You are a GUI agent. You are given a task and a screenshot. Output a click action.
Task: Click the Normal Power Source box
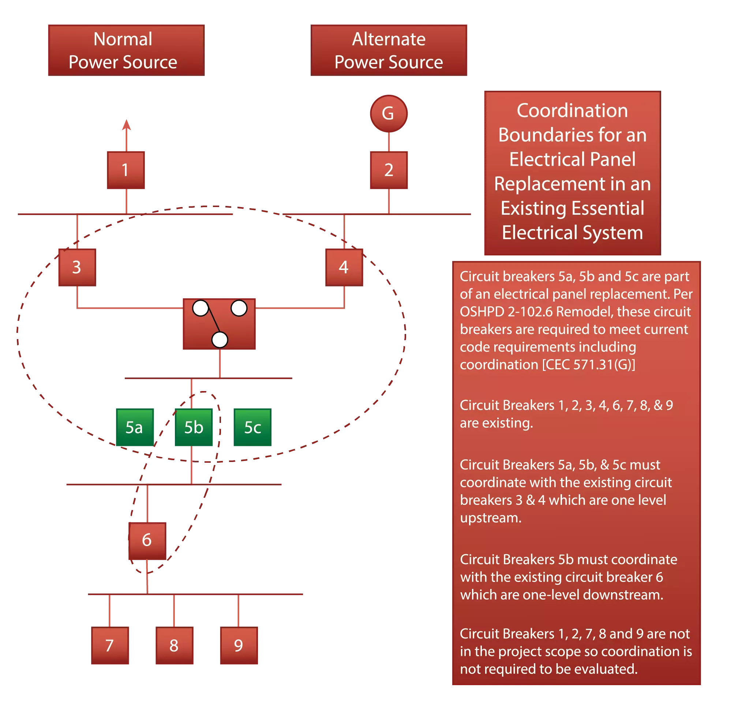[x=126, y=50]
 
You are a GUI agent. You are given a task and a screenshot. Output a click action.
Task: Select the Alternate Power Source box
[x=388, y=50]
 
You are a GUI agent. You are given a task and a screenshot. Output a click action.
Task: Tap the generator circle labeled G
[x=388, y=113]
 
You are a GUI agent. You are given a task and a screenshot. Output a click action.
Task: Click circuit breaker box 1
[x=126, y=169]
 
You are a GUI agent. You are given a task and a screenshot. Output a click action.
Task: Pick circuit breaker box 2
[x=388, y=169]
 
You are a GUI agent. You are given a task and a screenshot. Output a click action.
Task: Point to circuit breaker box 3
[x=76, y=266]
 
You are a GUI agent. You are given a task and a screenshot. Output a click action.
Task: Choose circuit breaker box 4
[x=344, y=266]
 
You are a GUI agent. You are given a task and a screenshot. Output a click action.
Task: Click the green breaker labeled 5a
[x=134, y=427]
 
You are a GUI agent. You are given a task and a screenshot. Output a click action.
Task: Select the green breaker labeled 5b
[x=193, y=427]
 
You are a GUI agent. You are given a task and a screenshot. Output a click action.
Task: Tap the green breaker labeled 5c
[x=251, y=427]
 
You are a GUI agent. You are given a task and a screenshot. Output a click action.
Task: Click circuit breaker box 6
[x=146, y=540]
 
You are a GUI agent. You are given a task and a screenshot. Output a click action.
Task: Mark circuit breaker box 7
[x=110, y=646]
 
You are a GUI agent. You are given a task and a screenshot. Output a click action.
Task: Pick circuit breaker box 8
[x=175, y=646]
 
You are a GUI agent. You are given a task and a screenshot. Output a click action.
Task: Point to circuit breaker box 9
[x=239, y=646]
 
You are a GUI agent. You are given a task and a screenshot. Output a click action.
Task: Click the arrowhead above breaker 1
[x=127, y=124]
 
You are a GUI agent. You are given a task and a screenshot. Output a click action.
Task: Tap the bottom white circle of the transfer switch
[x=220, y=339]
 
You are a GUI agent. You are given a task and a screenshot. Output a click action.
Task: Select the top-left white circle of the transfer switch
[x=200, y=308]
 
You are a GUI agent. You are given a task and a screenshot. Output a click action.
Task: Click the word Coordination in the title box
[x=572, y=110]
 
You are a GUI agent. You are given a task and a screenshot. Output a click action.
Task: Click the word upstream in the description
[x=490, y=518]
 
